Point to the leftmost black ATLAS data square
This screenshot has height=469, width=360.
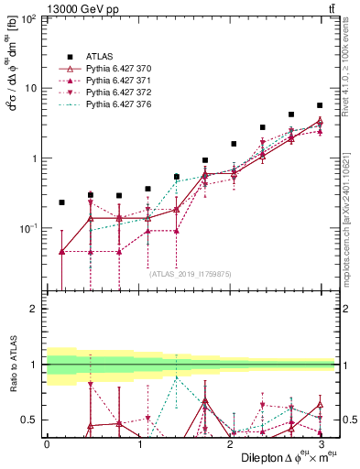point(61,202)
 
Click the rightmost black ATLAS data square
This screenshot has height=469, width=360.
point(320,105)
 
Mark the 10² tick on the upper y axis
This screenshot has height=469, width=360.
point(28,19)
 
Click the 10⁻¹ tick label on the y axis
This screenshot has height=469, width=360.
point(27,228)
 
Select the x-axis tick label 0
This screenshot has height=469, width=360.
point(47,443)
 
